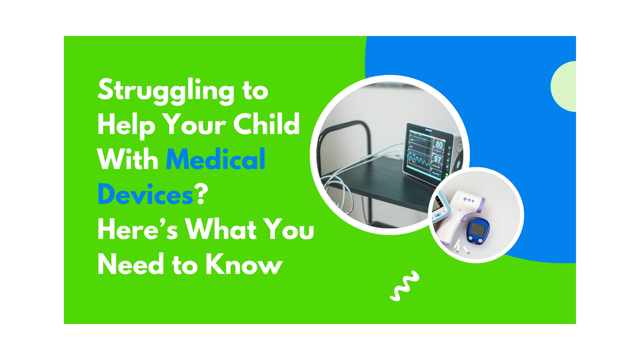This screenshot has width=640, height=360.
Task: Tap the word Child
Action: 267,124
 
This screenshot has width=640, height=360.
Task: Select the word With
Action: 128,159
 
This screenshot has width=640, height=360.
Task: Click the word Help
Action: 127,126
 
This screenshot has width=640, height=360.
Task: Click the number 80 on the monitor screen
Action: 439,145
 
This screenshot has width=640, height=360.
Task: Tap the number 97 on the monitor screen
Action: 438,159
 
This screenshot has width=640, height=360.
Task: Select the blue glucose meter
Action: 478,231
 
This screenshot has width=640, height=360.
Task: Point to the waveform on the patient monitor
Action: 419,162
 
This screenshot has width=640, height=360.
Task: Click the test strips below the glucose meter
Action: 461,247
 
